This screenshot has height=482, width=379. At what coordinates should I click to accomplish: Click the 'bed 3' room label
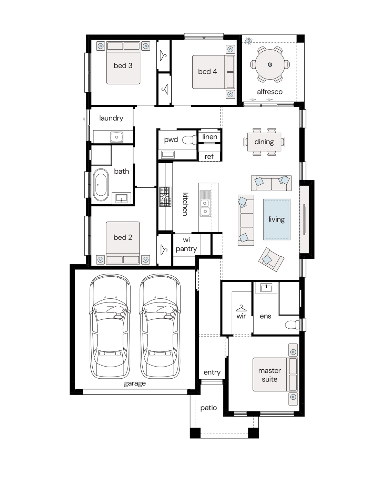(x=123, y=65)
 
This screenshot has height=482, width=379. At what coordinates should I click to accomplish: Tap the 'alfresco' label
(x=270, y=92)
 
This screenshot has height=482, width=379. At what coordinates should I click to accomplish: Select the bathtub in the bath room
(x=101, y=185)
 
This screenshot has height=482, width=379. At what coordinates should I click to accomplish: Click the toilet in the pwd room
(x=189, y=140)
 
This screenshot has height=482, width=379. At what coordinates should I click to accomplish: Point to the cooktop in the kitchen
(x=165, y=196)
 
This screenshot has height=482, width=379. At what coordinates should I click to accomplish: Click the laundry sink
(x=116, y=137)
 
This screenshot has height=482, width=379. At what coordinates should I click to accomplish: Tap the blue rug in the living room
(x=277, y=219)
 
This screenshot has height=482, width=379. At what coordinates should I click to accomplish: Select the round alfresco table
(x=270, y=64)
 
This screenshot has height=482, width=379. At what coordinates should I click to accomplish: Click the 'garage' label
(x=135, y=383)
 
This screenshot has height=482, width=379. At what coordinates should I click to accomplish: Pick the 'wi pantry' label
(x=186, y=244)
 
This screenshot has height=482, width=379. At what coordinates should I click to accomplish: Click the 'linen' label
(x=210, y=137)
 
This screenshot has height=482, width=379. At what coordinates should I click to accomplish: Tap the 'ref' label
(x=209, y=156)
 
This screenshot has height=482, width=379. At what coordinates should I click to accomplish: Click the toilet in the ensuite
(x=292, y=325)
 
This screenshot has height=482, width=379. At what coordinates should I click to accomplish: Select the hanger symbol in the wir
(x=241, y=308)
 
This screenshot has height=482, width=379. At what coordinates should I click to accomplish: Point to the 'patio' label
(x=208, y=408)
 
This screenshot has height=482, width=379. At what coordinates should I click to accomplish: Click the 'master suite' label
(x=269, y=375)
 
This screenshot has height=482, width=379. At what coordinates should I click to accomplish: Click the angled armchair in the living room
(x=271, y=259)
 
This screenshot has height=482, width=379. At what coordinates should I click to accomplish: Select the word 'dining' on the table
(x=264, y=142)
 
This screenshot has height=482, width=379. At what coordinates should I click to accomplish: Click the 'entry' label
(x=212, y=372)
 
